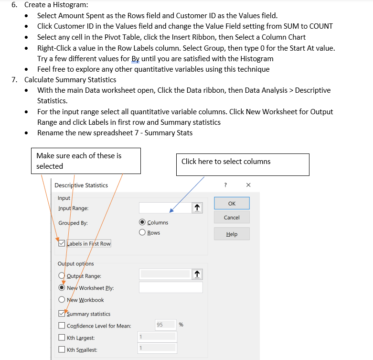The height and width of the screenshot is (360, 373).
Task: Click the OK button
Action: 232,203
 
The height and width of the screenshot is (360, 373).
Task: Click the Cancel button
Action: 232,218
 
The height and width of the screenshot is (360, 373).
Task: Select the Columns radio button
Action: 142,222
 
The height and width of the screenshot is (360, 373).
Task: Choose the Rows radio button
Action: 142,233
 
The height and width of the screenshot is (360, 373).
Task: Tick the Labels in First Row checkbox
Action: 61,243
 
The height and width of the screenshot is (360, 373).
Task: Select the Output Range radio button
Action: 62,276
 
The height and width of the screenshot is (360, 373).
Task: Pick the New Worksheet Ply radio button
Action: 62,288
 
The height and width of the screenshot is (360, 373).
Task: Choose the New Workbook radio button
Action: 62,300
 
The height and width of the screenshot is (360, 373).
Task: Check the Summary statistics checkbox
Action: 61,314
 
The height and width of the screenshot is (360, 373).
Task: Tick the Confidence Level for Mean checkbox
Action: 61,326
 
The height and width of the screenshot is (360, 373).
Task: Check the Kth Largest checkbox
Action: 61,338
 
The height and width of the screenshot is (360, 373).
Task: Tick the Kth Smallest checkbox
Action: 61,350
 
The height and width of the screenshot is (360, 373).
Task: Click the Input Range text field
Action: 165,208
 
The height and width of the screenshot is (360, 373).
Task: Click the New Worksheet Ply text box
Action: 171,287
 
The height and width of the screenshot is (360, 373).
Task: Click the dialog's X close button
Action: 248,185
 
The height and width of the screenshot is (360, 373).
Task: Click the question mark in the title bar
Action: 225,185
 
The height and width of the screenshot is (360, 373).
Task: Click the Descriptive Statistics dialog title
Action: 81,185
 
